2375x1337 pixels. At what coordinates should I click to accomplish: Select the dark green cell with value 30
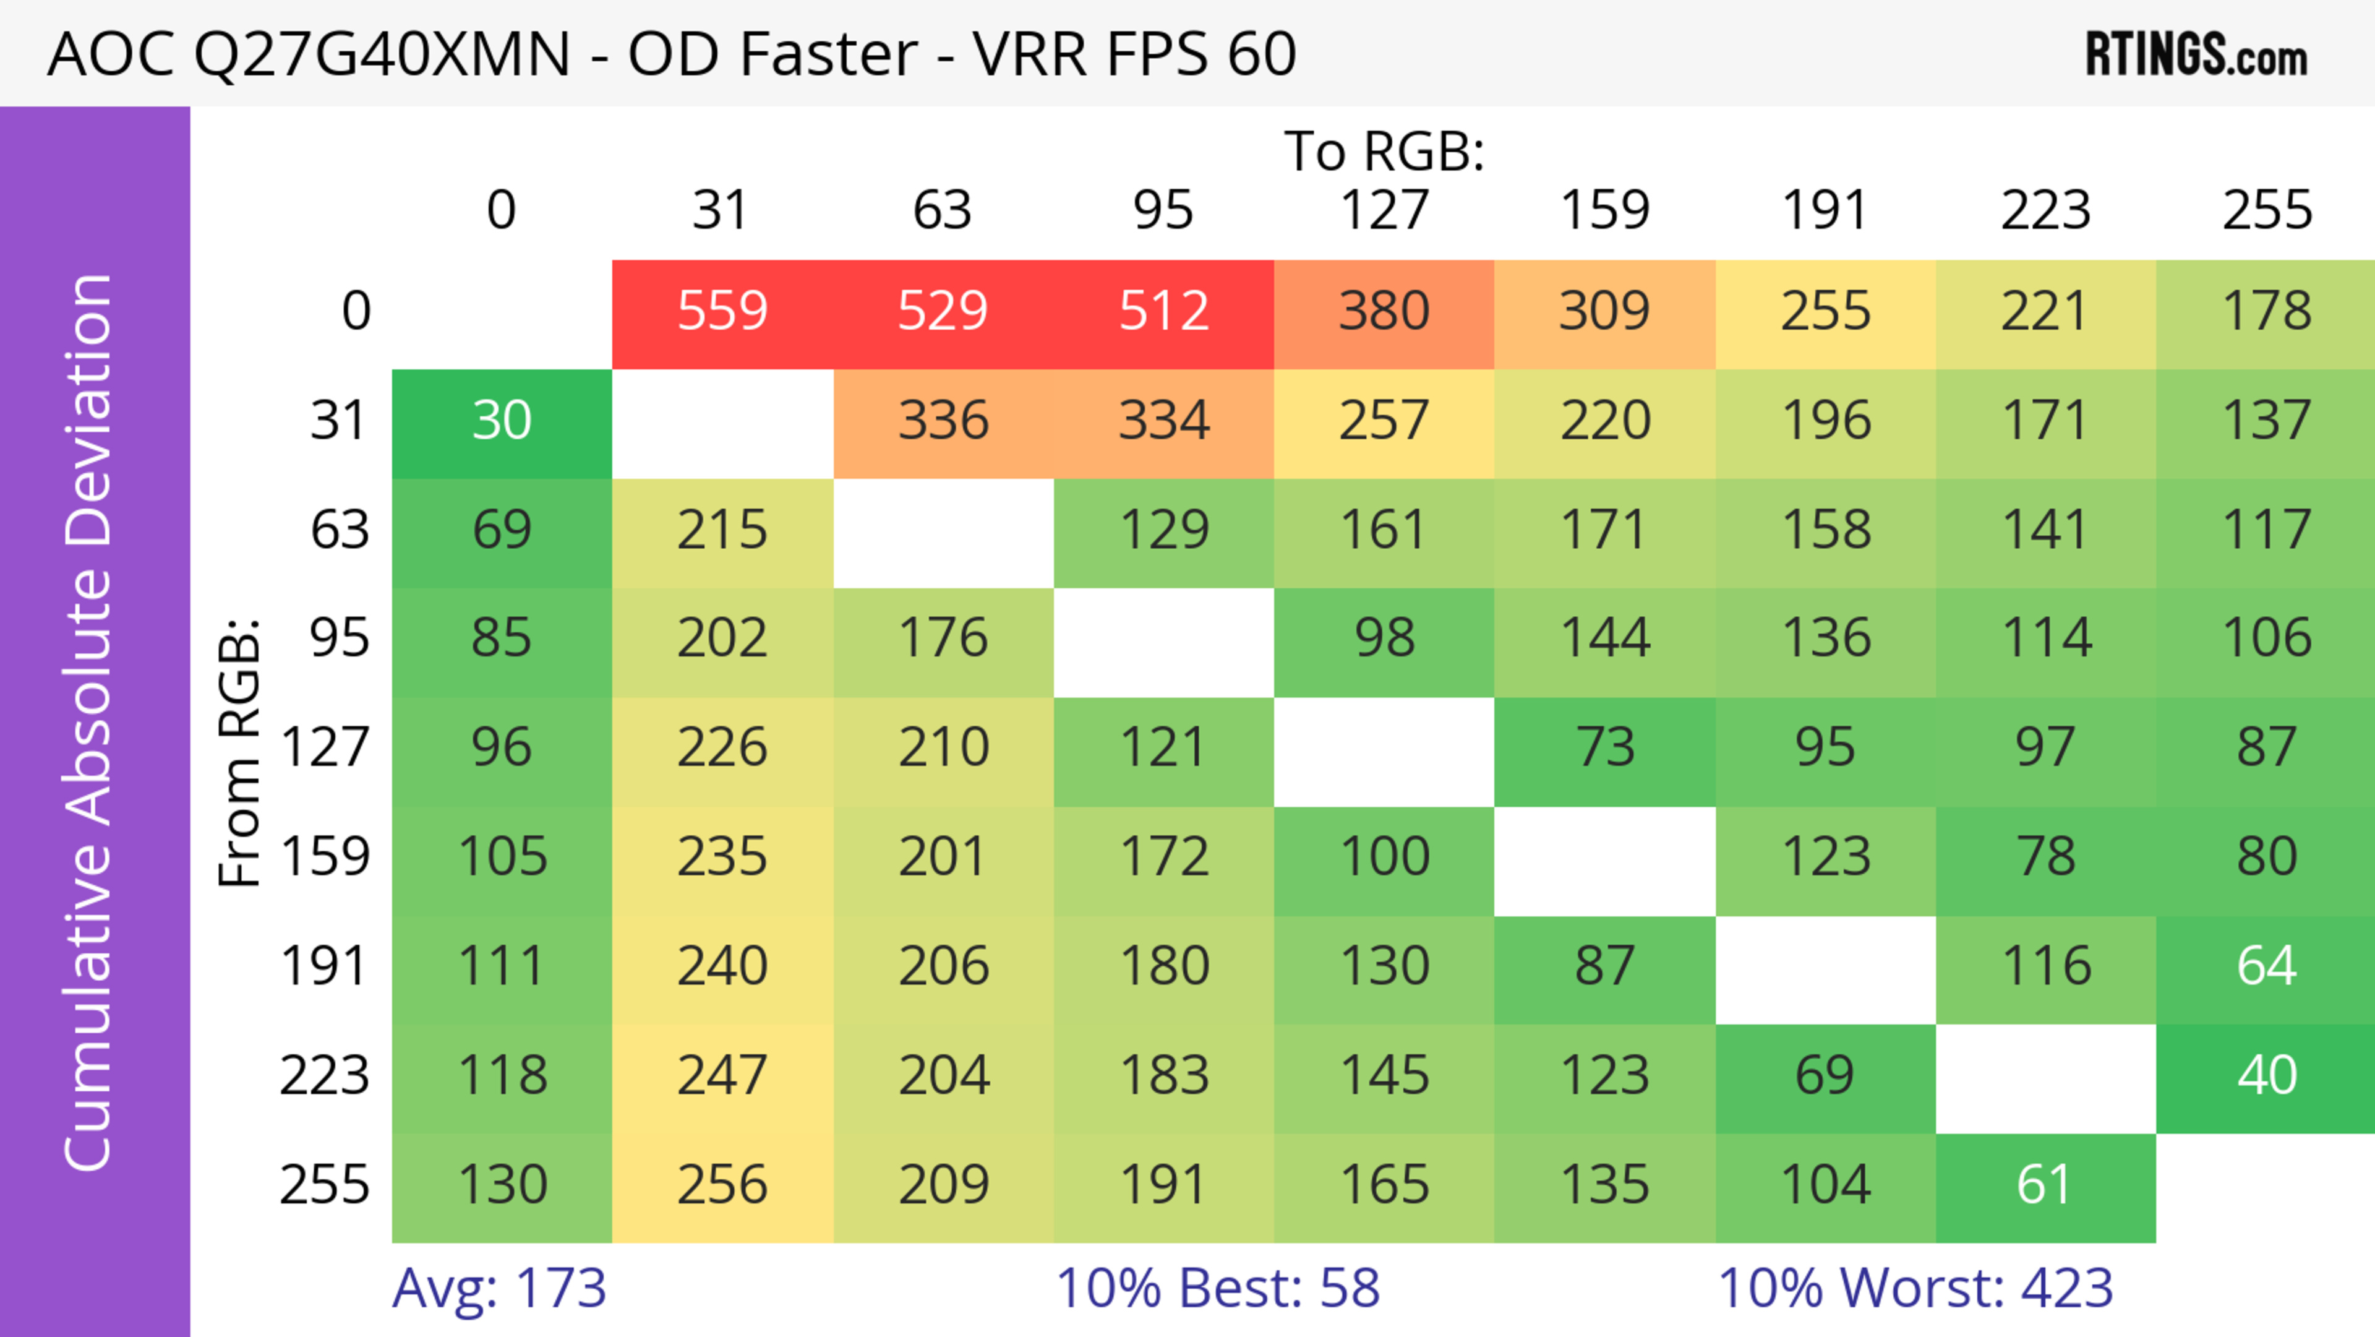[x=502, y=421]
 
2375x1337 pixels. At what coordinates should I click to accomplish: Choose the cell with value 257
[x=1384, y=421]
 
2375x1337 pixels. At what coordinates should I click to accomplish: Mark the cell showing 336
[x=943, y=421]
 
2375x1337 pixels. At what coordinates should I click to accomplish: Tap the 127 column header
[x=1384, y=210]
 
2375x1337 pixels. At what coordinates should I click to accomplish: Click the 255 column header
[x=2266, y=210]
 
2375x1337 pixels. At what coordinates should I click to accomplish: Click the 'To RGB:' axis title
[x=1384, y=151]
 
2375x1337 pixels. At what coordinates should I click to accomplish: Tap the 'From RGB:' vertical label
[x=240, y=752]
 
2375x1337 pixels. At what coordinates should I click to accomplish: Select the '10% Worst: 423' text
[x=1915, y=1288]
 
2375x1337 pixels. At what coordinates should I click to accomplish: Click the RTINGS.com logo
[x=2196, y=54]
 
